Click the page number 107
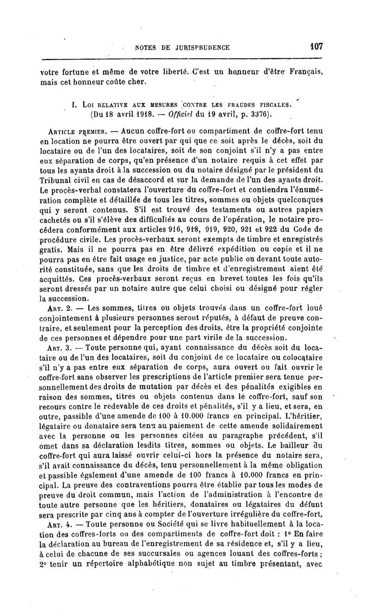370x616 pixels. (316, 46)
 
